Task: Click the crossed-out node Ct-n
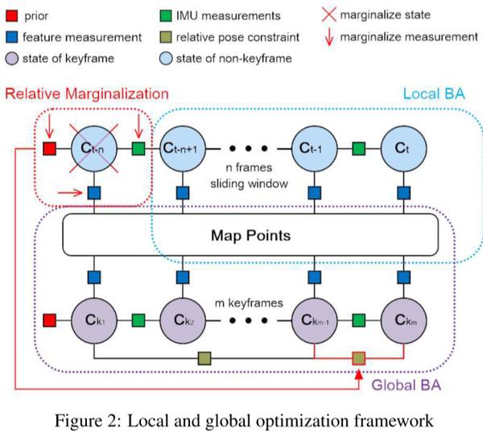tap(95, 148)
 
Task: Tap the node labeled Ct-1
tap(314, 148)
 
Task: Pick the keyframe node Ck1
tap(95, 318)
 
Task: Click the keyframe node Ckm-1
tap(314, 318)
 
